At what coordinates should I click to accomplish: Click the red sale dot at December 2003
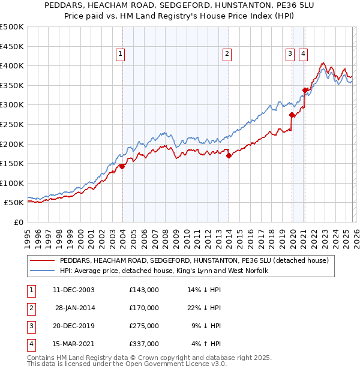coord(122,166)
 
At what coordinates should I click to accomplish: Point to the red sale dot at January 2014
coord(229,155)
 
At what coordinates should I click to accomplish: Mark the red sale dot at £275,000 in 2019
coord(292,115)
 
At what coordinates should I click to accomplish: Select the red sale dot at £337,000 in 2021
coord(305,91)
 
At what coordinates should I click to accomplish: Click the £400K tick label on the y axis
coord(12,65)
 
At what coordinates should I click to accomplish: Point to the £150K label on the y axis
coord(12,163)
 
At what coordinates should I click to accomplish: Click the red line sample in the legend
coord(43,261)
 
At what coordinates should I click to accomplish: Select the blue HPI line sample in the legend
coord(43,271)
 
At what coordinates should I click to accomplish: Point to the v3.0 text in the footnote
coord(218,364)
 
